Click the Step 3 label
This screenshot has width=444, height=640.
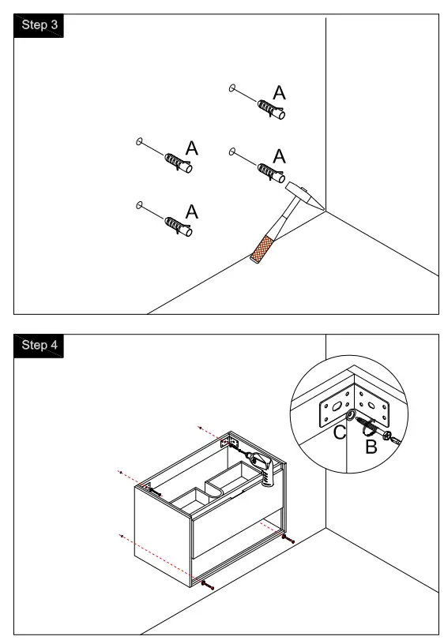pyautogui.click(x=39, y=24)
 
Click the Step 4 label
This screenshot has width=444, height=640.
pyautogui.click(x=39, y=345)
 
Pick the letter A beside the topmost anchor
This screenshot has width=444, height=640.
pyautogui.click(x=279, y=92)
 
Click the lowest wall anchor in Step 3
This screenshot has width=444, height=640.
pyautogui.click(x=178, y=225)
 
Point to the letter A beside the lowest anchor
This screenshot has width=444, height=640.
pyautogui.click(x=191, y=211)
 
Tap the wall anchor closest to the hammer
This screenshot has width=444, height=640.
pyautogui.click(x=270, y=171)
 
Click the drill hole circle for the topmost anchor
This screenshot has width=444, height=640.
pyautogui.click(x=231, y=88)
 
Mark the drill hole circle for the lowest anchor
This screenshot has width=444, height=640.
pyautogui.click(x=139, y=205)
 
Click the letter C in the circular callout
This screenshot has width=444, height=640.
pyautogui.click(x=339, y=432)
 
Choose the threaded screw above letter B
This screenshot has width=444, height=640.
pyautogui.click(x=367, y=427)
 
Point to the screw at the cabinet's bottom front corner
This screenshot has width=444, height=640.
pyautogui.click(x=208, y=584)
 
